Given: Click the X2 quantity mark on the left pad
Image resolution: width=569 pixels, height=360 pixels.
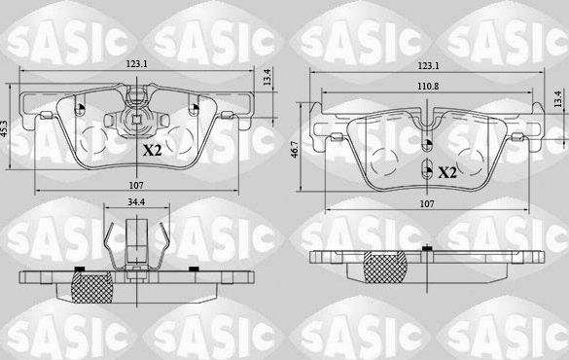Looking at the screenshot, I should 153,150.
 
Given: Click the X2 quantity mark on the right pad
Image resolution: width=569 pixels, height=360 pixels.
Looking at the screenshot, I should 447,173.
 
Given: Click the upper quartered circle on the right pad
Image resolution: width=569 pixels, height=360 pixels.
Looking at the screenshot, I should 428,147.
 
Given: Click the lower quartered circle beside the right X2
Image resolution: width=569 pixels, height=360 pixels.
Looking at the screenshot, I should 428,171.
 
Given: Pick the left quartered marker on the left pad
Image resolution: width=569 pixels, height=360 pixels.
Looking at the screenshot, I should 81,109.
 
